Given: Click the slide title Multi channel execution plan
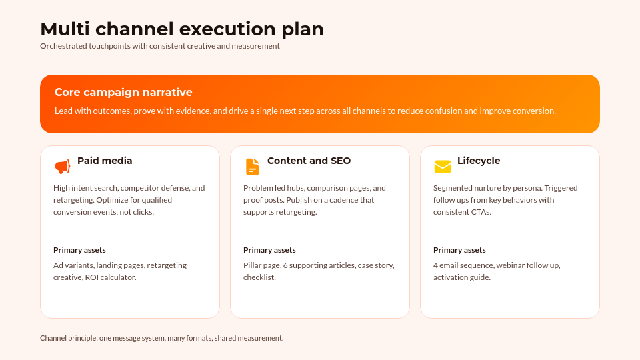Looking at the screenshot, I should coord(181,29).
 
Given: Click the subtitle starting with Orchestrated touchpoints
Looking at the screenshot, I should coord(159,47).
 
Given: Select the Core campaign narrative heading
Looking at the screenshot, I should coord(123,93).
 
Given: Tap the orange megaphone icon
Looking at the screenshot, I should coord(62,167).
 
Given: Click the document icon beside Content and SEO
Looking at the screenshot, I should coord(252,167).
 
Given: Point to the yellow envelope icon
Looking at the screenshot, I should coord(442,167).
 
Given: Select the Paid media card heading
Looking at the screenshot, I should coord(105,161).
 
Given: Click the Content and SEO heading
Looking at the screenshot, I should coord(309,161).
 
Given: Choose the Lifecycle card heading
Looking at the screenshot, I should coord(478,161).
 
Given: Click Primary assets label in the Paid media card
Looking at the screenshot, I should coord(79,250).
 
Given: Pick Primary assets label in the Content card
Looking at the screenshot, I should coord(269,250).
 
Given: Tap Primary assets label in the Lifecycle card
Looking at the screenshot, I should coord(459,250).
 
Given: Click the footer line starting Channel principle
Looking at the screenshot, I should coord(161,338).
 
